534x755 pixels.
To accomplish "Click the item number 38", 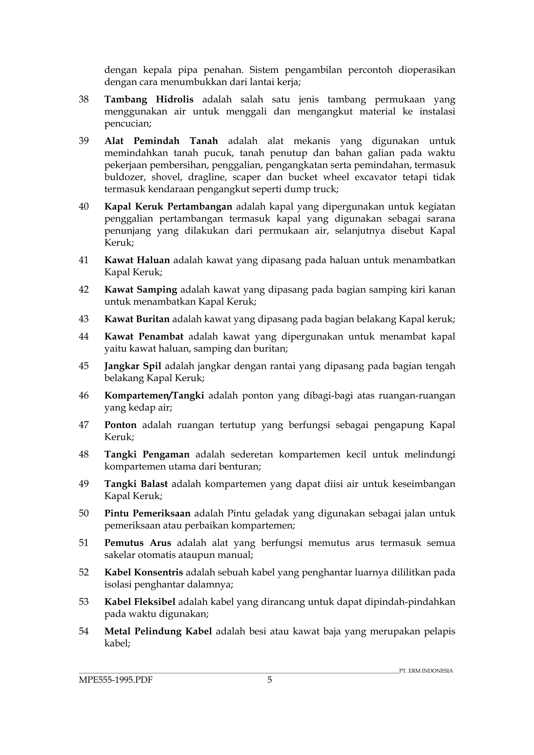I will [x=84, y=99].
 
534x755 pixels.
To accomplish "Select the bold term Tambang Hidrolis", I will [x=149, y=99].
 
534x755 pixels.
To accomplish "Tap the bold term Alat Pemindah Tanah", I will [x=161, y=141].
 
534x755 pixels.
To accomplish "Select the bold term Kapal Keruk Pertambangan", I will [x=168, y=207].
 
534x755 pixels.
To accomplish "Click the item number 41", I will [x=84, y=260].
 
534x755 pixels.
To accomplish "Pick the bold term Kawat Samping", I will [x=141, y=290].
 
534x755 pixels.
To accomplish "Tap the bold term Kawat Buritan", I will [x=137, y=319].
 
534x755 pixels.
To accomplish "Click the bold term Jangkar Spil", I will [x=133, y=366].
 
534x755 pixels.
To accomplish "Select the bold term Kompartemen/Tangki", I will [x=154, y=395].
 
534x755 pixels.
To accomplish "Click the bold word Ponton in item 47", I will [x=120, y=425].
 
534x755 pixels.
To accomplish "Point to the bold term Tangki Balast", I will [x=136, y=484].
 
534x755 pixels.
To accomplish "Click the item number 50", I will [x=84, y=513].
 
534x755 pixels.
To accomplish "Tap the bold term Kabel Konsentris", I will [x=143, y=572].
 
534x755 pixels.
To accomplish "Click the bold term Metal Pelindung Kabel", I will [x=158, y=631].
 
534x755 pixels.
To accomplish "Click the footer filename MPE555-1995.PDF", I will [x=116, y=680].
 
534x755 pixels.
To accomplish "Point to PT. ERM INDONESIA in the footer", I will [x=426, y=671].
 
